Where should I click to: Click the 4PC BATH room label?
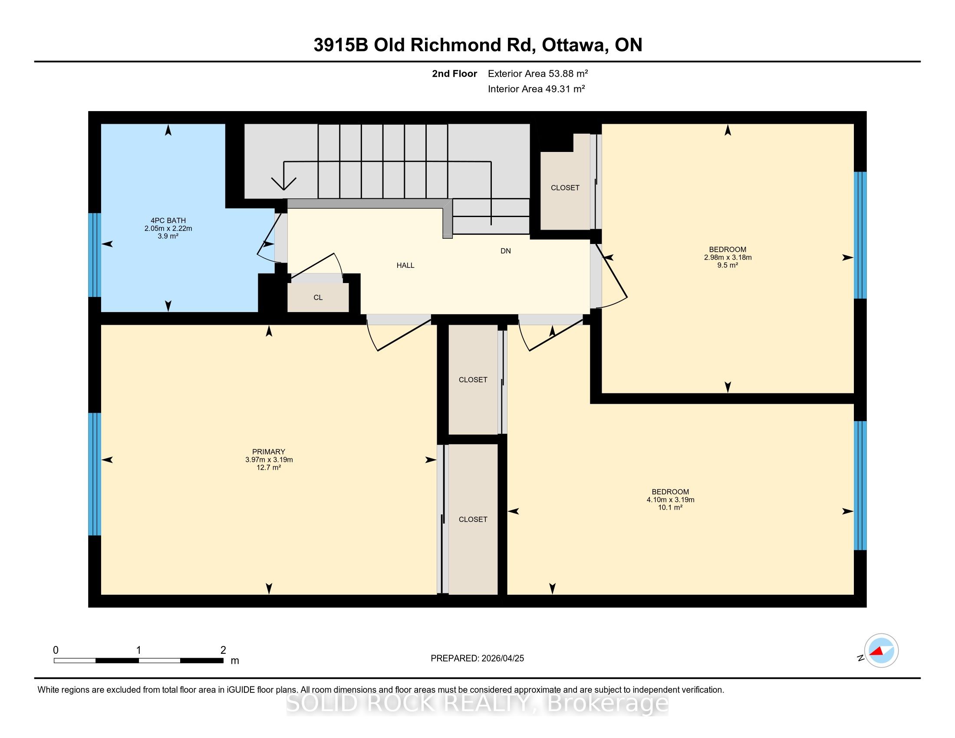(168, 221)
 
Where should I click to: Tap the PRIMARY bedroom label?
(268, 451)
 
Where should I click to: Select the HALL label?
(405, 265)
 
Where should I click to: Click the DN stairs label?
(505, 251)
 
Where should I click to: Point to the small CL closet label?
(318, 297)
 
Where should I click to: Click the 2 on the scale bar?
(223, 650)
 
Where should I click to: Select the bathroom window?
(95, 255)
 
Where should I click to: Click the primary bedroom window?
(95, 474)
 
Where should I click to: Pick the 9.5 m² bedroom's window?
(860, 235)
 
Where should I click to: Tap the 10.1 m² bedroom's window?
(860, 485)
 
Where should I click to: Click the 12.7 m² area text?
(268, 468)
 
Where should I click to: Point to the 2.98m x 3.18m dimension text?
(728, 257)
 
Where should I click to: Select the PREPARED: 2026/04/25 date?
(477, 658)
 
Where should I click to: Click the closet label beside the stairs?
(565, 188)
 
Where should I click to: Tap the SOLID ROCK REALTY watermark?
(477, 703)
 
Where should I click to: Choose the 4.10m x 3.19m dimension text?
(670, 500)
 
